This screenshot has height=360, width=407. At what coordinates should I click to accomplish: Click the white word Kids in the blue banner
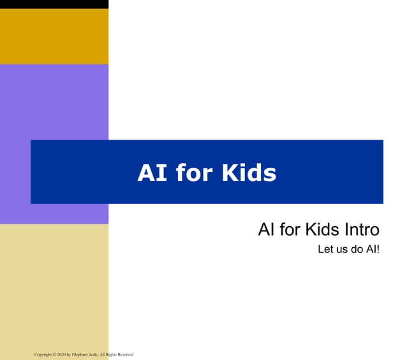point(249,173)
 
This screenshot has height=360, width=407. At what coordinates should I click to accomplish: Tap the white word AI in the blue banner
point(152,173)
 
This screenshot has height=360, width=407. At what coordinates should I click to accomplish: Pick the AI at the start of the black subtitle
point(267,229)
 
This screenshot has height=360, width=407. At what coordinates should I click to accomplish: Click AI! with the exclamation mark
point(373,249)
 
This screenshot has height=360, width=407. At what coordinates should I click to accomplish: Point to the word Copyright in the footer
point(43,354)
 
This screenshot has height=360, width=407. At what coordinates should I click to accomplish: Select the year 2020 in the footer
point(62,354)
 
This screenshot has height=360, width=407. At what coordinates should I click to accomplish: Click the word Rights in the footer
point(114,354)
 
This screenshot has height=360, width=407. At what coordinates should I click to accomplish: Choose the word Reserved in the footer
point(126,354)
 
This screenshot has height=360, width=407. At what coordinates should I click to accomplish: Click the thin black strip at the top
point(54,4)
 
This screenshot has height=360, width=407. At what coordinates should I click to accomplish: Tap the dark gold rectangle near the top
point(54,36)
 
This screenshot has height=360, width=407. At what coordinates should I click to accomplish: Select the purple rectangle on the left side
point(54,102)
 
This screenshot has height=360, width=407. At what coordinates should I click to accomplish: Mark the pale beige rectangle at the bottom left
point(54,287)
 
